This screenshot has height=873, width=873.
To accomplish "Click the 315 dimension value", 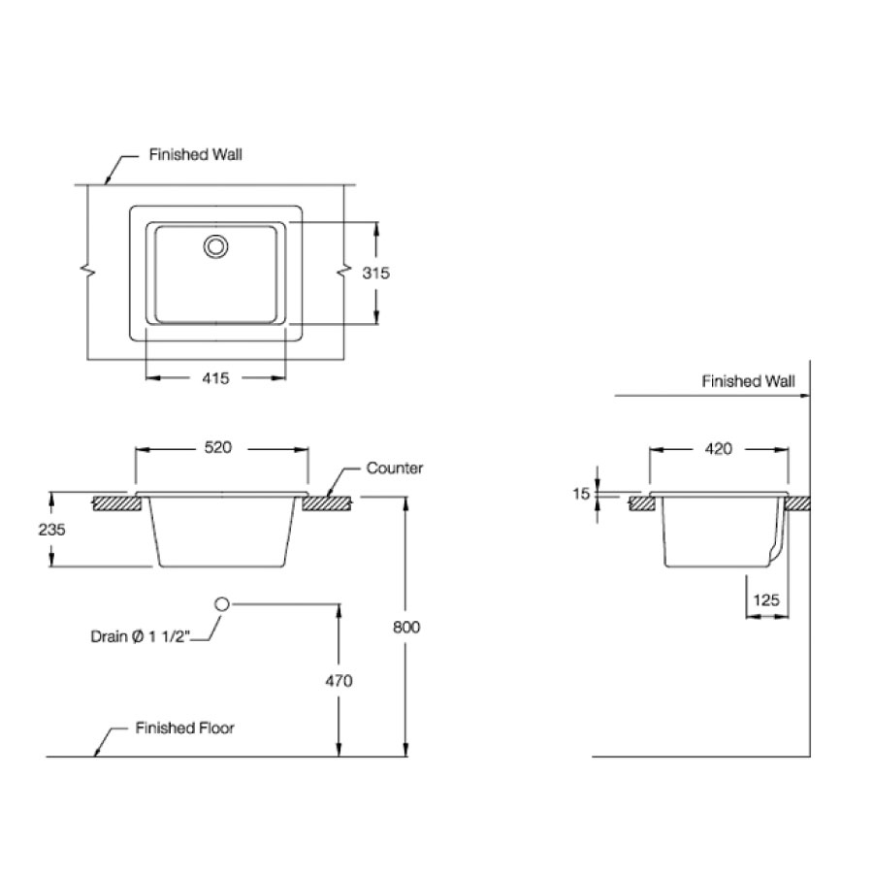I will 375,274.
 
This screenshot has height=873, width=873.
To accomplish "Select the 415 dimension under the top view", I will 215,378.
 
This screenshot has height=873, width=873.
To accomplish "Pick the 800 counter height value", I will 407,627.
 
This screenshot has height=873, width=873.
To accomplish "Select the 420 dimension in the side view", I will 718,449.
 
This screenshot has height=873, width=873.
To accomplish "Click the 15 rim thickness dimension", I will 581,494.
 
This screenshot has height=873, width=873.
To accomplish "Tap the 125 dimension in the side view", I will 766,600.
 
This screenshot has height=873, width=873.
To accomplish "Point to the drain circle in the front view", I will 221,604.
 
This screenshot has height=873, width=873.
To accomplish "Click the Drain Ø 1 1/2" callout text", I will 142,636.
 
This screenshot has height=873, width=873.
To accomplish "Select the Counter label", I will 394,469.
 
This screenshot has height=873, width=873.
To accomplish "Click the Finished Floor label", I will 184,727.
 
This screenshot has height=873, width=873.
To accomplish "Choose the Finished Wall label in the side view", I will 748,382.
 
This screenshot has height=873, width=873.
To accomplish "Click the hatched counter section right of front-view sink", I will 333,502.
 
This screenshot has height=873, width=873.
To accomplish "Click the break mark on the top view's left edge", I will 89,273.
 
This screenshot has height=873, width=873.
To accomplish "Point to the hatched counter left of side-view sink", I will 641,502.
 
